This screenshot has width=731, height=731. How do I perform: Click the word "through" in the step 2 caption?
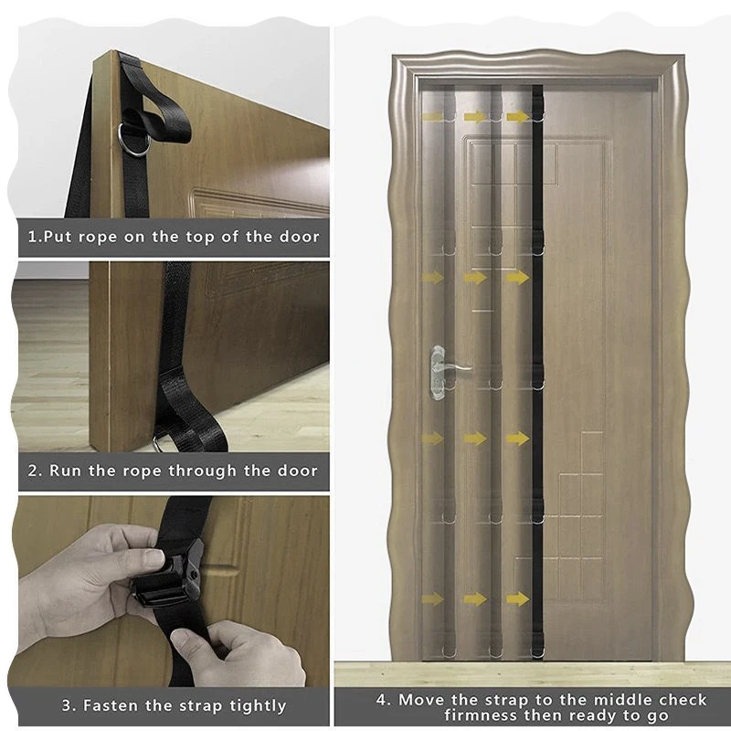[202, 471]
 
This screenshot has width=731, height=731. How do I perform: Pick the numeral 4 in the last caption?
[382, 700]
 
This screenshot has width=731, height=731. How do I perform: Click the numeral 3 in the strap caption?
[67, 705]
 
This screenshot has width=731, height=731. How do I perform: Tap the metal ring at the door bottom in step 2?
[157, 444]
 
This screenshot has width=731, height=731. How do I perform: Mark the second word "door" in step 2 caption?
[298, 471]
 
